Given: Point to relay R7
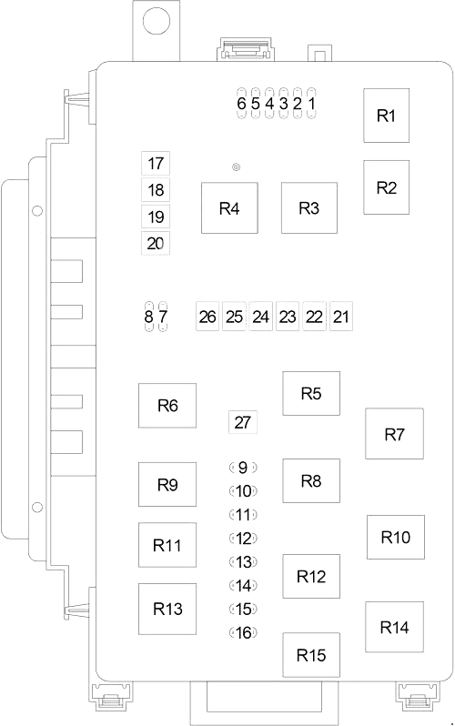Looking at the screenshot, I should point(393,434).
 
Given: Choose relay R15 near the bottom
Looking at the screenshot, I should point(310,655).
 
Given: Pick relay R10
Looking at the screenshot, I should point(395,537).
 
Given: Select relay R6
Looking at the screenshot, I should point(167,406).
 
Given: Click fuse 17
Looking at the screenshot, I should point(156,164).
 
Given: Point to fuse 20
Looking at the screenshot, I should point(156,243).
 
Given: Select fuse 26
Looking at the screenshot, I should point(207,317).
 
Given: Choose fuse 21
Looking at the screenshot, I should point(341,317).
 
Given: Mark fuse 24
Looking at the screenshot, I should point(261,317).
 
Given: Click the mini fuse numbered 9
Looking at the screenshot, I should point(242,468).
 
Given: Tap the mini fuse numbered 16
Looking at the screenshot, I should point(242,632).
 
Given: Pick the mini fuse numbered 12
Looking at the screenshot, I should point(242,538).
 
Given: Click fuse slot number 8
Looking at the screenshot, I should point(149,317).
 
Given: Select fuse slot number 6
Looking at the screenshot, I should point(241,103).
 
